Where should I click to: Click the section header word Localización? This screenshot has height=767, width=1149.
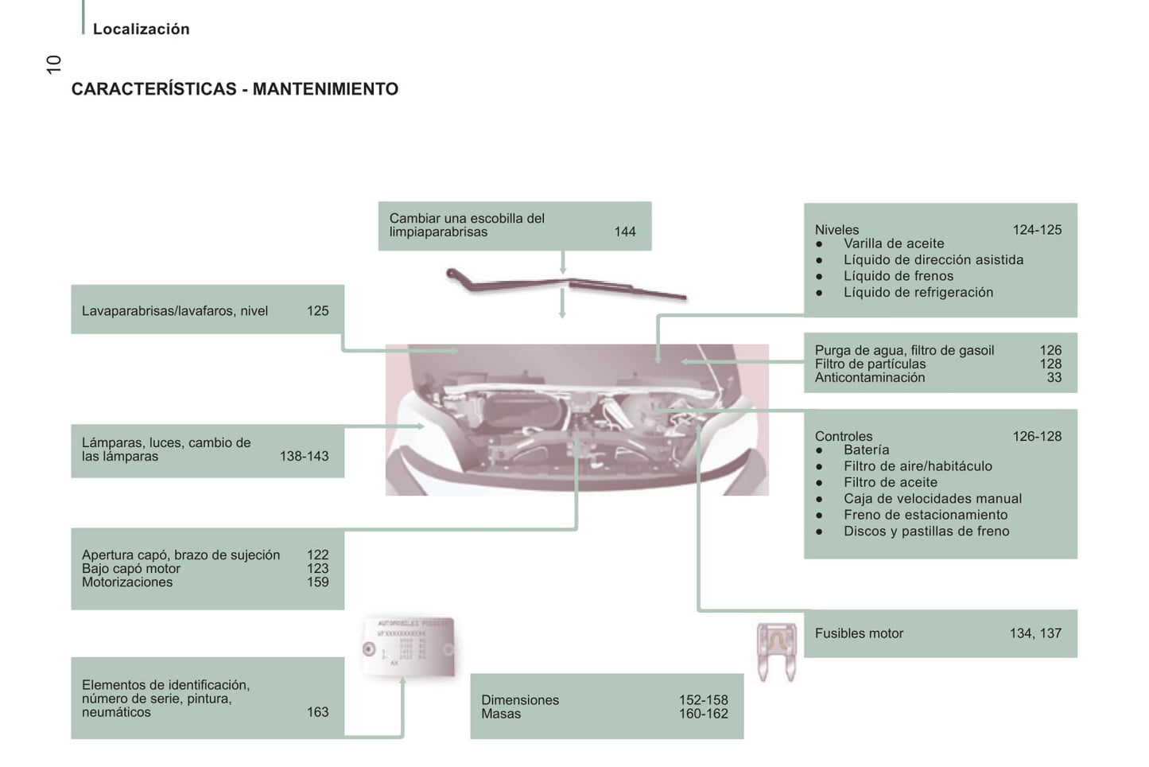141,29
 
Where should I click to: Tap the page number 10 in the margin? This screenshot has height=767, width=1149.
53,64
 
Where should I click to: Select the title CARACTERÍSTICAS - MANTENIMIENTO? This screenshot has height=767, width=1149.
235,89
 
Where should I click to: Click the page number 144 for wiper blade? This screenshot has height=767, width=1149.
624,232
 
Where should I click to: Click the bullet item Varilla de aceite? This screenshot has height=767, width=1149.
893,243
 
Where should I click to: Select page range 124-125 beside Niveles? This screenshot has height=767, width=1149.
1036,230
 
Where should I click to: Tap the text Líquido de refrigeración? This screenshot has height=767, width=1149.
918,292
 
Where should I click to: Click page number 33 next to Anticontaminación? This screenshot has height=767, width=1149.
1054,377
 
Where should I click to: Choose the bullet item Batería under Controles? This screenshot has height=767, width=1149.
866,450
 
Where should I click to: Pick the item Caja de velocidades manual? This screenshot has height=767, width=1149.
932,499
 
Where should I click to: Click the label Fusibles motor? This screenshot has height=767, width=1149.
859,633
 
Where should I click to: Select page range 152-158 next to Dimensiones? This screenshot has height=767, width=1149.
703,700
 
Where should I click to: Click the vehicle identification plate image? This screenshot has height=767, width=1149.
408,646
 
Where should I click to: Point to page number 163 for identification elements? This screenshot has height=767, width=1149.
317,712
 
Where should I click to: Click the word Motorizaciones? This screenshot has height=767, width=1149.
127,582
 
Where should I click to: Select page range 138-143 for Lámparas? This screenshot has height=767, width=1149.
304,456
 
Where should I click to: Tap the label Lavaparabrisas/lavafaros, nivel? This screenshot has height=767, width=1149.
175,311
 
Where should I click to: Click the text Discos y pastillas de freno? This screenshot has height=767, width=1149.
926,531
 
